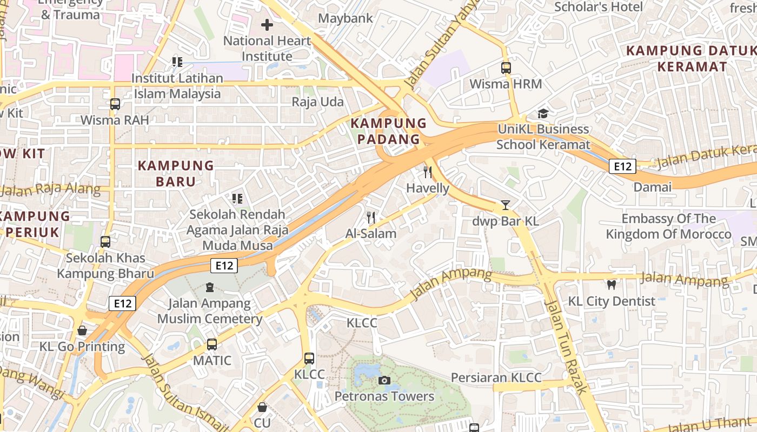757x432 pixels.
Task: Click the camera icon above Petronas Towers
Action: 384,380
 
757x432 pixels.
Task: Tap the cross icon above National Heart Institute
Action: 267,25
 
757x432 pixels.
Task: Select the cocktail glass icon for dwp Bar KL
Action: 505,205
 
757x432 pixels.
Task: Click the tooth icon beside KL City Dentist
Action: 612,285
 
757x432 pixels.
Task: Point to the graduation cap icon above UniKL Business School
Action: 543,113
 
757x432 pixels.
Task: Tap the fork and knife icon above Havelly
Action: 428,172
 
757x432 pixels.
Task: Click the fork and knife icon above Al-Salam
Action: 371,218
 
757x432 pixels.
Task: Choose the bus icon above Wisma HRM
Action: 506,68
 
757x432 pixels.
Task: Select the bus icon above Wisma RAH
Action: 115,104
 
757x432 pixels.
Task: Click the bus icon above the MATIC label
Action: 212,344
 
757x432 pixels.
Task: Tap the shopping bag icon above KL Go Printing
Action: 82,330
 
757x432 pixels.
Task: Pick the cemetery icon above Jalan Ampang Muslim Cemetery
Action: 210,287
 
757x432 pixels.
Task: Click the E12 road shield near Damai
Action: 622,166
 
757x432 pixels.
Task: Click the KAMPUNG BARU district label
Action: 176,173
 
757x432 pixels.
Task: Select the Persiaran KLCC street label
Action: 496,377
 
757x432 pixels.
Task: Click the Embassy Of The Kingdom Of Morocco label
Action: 668,226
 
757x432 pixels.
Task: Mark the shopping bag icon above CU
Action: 262,407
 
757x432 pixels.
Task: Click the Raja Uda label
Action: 317,102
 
